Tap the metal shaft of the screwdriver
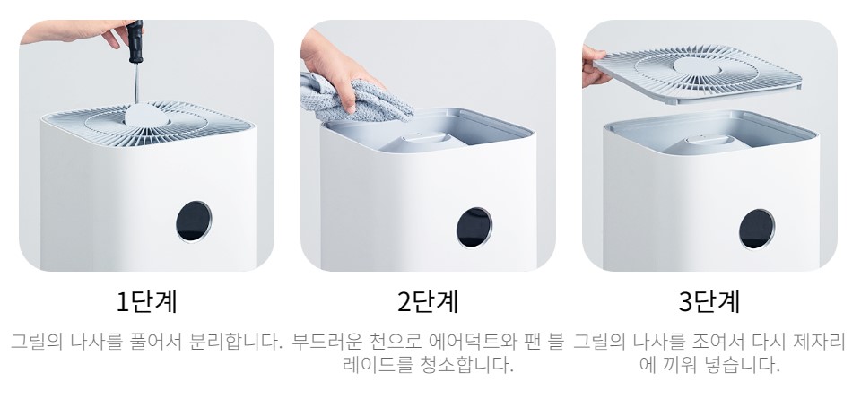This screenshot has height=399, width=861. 137,86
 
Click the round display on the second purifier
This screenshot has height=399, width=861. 473,227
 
